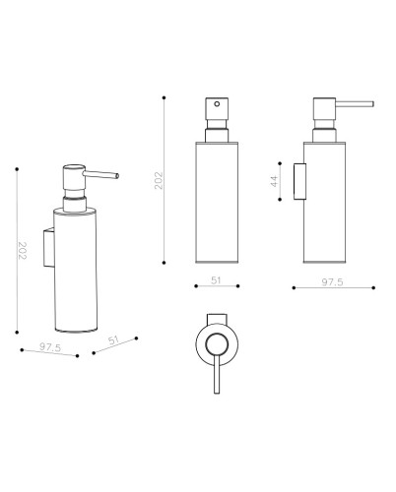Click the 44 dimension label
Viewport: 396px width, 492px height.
[x=274, y=181]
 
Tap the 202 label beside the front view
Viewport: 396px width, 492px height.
[x=159, y=180]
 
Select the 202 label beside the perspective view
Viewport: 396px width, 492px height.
[x=22, y=251]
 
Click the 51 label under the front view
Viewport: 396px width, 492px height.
[x=216, y=280]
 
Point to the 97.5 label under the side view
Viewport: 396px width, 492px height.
[x=332, y=282]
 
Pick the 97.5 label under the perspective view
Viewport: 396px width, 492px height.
[x=50, y=347]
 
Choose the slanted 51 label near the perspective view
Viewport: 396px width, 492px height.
[x=113, y=340]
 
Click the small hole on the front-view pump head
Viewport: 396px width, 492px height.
[x=217, y=104]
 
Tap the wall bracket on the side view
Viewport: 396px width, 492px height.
[x=299, y=181]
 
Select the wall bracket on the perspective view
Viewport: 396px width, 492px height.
[x=49, y=248]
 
